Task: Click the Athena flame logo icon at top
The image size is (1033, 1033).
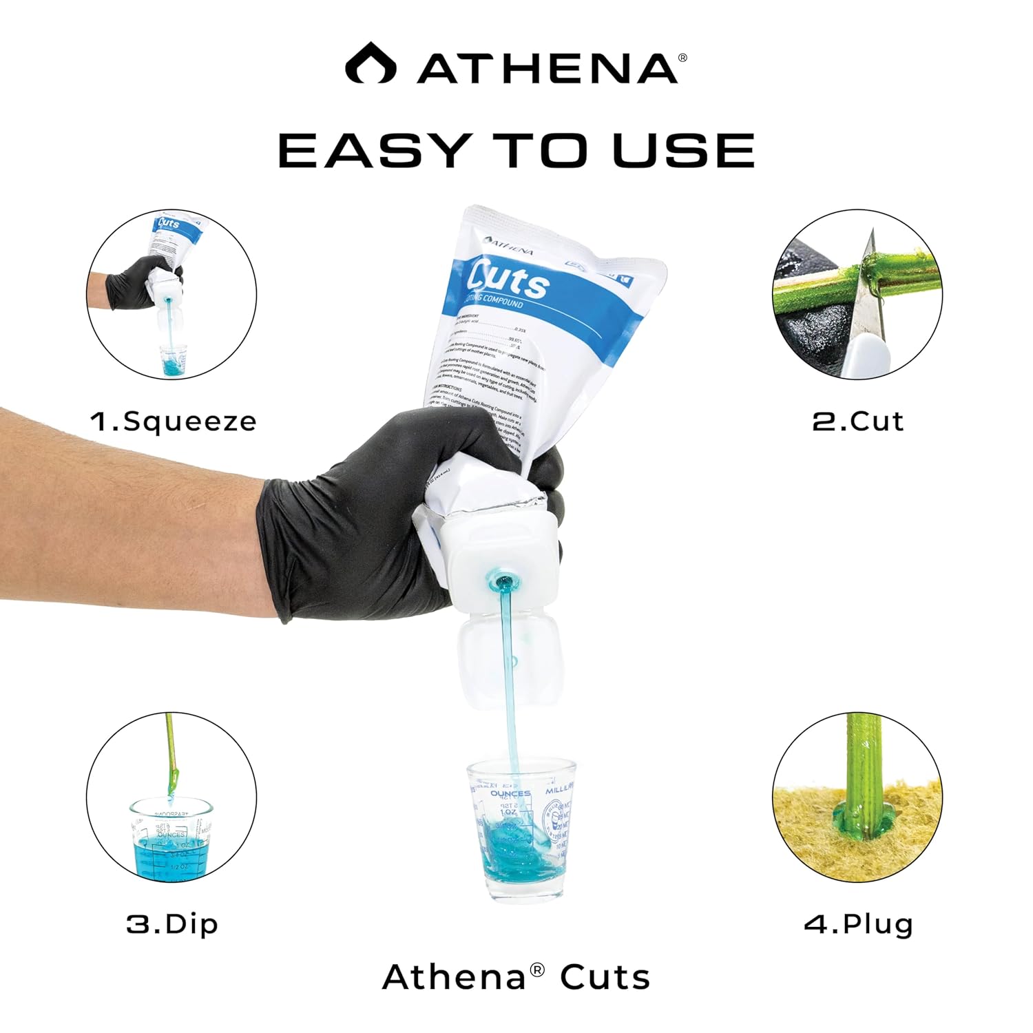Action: (371, 63)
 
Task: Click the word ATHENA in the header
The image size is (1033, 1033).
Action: (547, 68)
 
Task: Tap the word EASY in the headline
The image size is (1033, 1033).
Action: (373, 150)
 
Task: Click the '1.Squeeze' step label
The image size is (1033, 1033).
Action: (174, 421)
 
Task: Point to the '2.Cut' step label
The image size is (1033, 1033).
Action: (857, 421)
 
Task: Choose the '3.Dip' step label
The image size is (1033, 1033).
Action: (172, 924)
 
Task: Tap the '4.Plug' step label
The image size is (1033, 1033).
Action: (859, 924)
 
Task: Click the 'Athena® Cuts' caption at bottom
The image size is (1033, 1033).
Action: (516, 977)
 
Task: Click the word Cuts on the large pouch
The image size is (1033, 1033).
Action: (508, 281)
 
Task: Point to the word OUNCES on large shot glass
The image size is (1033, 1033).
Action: (510, 793)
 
